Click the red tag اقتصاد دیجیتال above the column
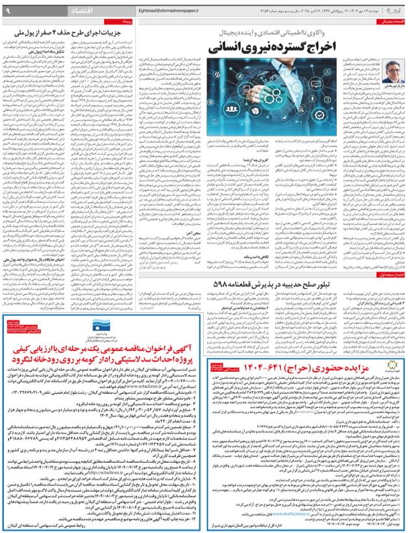pos(388,22)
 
